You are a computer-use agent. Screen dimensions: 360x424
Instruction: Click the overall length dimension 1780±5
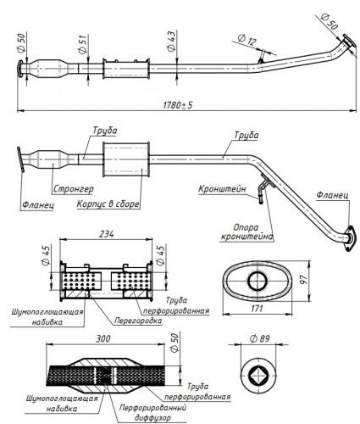pyautogui.click(x=178, y=105)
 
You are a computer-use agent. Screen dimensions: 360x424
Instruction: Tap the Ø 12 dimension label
pyautogui.click(x=246, y=40)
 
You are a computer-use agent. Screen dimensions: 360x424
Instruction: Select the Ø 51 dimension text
pyautogui.click(x=83, y=45)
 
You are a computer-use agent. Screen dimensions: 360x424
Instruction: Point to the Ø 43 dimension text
pyautogui.click(x=171, y=41)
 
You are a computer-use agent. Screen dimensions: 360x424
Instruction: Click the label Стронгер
pyautogui.click(x=73, y=189)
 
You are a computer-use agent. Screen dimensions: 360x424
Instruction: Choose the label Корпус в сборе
pyautogui.click(x=108, y=204)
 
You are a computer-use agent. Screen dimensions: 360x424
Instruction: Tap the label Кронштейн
pyautogui.click(x=222, y=189)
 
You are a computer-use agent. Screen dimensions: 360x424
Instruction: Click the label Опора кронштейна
pyautogui.click(x=246, y=232)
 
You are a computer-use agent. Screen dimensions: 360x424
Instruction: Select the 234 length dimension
pyautogui.click(x=106, y=234)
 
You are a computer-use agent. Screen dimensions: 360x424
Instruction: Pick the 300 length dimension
pyautogui.click(x=102, y=338)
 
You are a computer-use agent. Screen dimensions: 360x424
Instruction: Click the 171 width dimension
pyautogui.click(x=257, y=308)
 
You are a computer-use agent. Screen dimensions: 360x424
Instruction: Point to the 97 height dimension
pyautogui.click(x=303, y=279)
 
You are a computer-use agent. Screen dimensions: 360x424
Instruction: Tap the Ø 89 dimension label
pyautogui.click(x=260, y=338)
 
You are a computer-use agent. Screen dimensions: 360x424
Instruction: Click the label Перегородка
pyautogui.click(x=138, y=321)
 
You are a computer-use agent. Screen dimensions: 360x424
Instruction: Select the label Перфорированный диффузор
pyautogui.click(x=152, y=412)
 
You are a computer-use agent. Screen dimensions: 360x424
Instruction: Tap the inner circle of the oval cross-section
pyautogui.click(x=258, y=282)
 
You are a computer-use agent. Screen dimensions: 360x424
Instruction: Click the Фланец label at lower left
pyautogui.click(x=38, y=204)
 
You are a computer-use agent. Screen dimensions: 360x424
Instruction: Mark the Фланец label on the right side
pyautogui.click(x=332, y=195)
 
